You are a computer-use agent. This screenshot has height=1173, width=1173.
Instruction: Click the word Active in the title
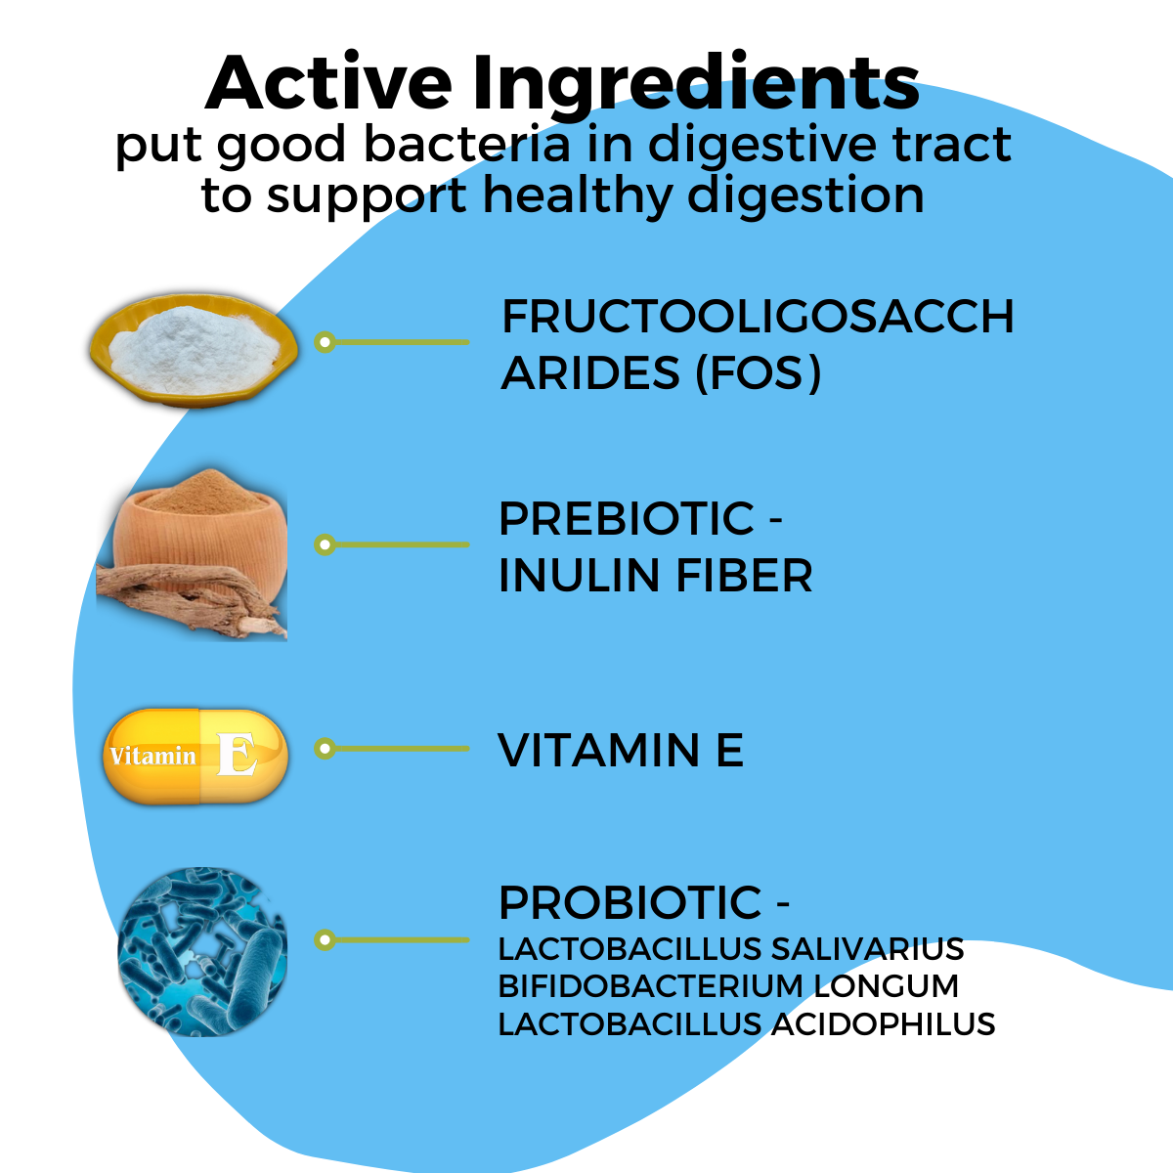[328, 83]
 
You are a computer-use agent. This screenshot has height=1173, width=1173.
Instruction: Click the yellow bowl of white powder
[194, 349]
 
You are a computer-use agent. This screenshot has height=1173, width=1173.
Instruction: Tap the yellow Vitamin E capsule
[195, 756]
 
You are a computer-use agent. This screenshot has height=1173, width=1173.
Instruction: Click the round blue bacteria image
[202, 950]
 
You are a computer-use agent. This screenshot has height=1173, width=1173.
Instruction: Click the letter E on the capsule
[237, 756]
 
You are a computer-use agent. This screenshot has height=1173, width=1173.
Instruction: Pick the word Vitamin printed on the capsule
[152, 757]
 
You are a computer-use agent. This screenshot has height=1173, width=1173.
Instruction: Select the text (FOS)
[758, 373]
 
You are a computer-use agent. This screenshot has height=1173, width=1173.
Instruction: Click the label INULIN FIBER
[655, 576]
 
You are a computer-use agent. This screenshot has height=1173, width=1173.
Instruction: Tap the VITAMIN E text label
[621, 751]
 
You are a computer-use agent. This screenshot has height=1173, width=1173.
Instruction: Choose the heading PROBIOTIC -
[643, 902]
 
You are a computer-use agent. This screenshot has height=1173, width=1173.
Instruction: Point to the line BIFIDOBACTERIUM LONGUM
[728, 986]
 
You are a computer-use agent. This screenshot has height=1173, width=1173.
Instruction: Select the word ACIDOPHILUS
[884, 1024]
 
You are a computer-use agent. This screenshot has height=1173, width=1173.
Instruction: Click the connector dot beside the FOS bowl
[326, 342]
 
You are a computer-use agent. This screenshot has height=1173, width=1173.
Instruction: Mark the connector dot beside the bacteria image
[326, 940]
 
